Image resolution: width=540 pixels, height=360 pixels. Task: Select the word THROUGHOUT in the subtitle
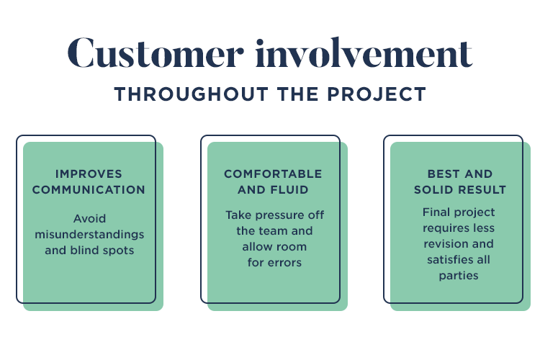(x=191, y=94)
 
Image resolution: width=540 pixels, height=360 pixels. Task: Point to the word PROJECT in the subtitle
(x=377, y=94)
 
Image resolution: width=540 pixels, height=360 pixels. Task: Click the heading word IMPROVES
(x=89, y=174)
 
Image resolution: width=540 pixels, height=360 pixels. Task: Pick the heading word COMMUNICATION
(x=89, y=190)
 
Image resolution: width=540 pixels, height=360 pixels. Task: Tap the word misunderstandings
(x=89, y=235)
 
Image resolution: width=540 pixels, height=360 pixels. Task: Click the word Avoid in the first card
(x=89, y=218)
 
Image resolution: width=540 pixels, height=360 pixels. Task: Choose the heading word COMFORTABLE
(x=273, y=174)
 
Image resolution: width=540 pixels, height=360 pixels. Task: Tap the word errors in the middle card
(x=284, y=263)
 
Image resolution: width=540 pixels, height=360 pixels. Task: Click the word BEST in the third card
(x=444, y=174)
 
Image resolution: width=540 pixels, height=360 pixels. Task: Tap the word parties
(x=459, y=276)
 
